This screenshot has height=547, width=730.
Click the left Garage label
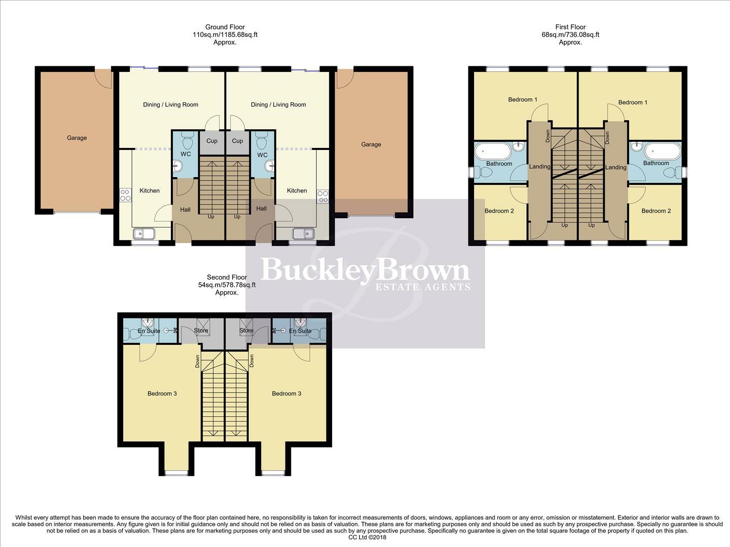tap(77, 138)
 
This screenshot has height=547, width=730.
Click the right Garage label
tap(371, 144)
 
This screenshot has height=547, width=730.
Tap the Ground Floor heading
tap(225, 27)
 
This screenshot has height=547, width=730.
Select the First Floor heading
tap(570, 27)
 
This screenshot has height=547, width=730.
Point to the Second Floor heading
tap(227, 278)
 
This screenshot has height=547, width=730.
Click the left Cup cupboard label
tap(212, 141)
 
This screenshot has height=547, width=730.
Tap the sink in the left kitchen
tap(144, 233)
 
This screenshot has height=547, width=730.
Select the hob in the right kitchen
tap(322, 196)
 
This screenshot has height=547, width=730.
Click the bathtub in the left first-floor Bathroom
tap(494, 151)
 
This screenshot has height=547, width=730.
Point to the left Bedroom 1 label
tap(523, 100)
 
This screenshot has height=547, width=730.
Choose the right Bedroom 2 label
tap(656, 211)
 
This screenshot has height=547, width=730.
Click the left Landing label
tap(539, 167)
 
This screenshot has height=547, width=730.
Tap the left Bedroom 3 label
tap(162, 394)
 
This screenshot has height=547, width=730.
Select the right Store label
tap(246, 331)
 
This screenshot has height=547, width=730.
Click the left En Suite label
tap(149, 331)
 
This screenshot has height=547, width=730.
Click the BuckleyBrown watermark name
tap(365, 270)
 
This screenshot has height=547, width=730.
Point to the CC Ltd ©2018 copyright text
tap(368, 537)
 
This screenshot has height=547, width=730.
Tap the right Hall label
tap(262, 209)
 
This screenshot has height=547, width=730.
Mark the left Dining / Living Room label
tap(170, 105)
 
